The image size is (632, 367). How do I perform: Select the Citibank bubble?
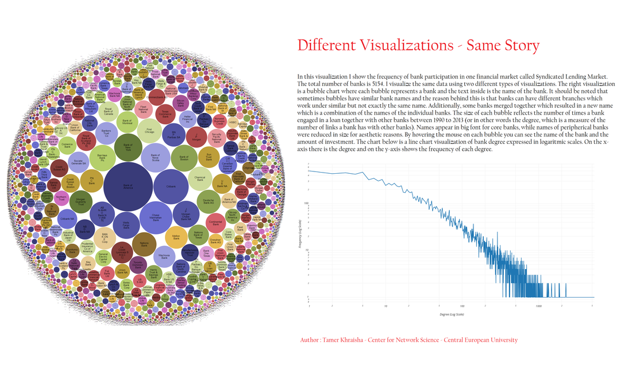[171, 186]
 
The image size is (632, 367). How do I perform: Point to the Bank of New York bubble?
[128, 147]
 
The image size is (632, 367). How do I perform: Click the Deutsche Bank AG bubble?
[208, 201]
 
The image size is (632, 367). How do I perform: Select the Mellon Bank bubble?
[176, 236]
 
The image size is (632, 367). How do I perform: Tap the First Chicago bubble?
[149, 130]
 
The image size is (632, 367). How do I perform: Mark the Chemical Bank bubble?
[200, 179]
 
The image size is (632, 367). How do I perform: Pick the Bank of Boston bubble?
[184, 158]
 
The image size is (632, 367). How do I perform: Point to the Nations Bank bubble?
[144, 245]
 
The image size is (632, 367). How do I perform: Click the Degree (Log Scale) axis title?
[452, 314]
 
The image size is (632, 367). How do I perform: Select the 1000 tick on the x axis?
[538, 306]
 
